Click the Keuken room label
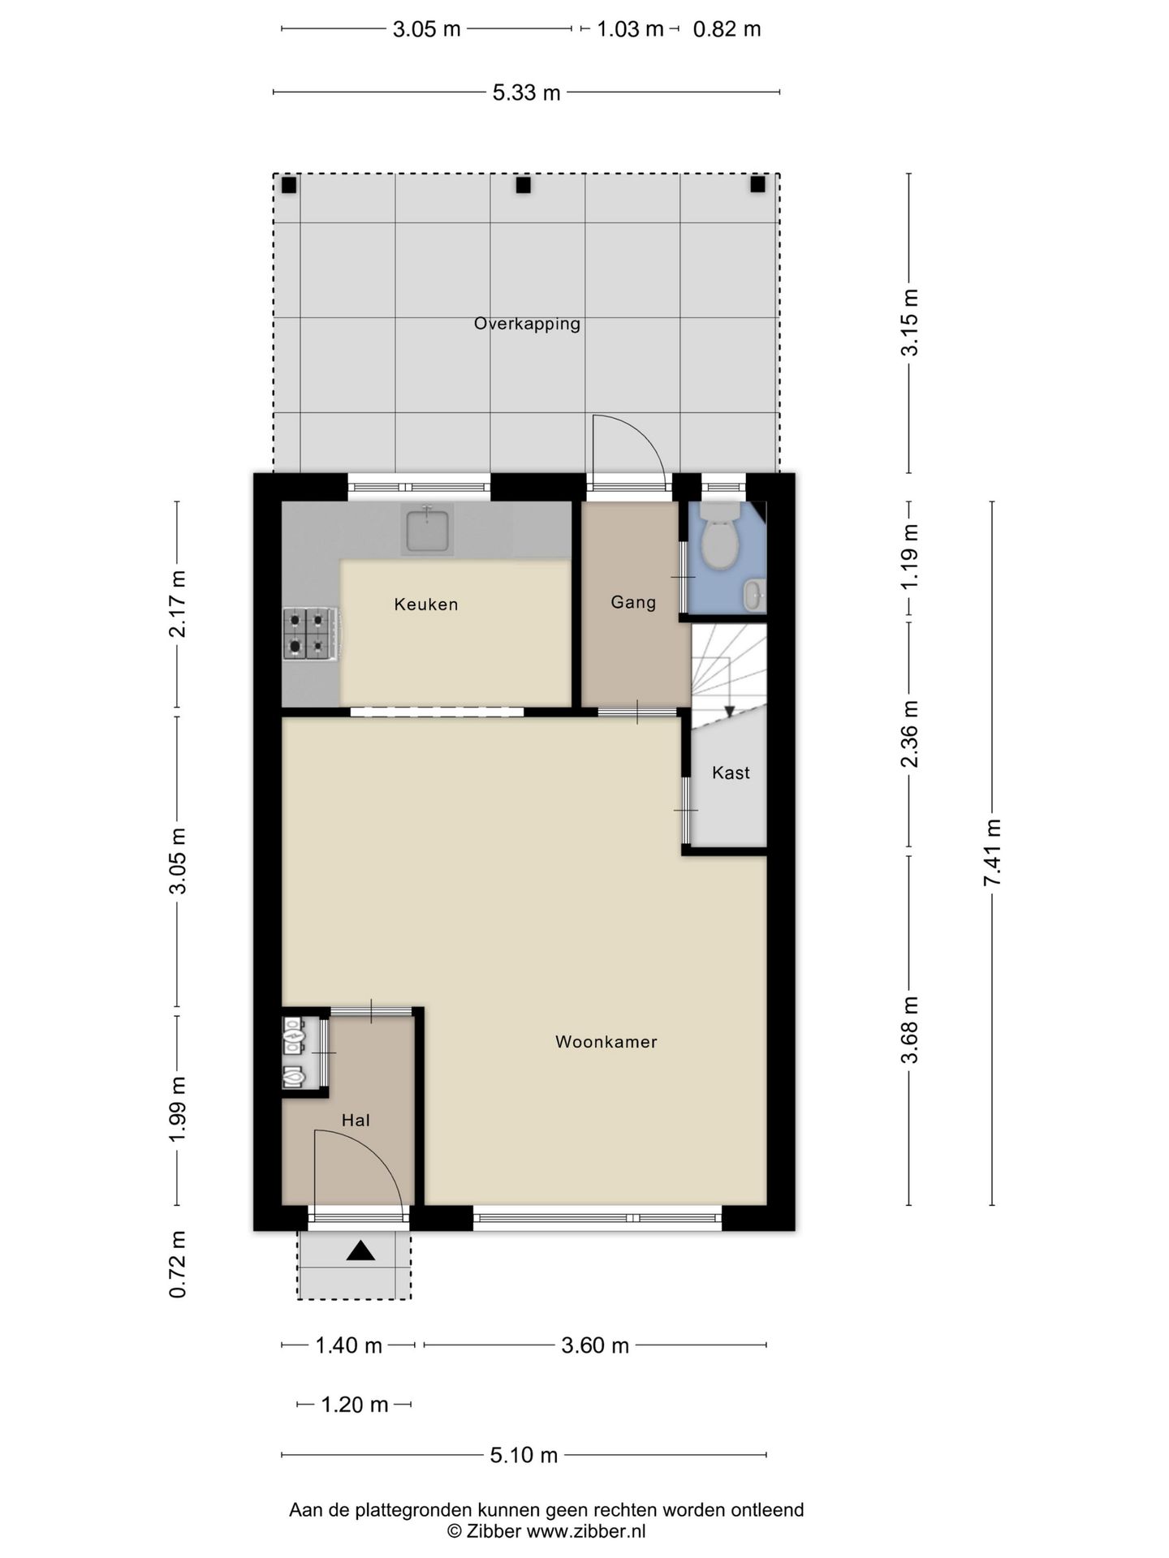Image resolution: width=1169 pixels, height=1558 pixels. tap(426, 605)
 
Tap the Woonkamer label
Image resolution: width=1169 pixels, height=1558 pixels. tap(606, 1042)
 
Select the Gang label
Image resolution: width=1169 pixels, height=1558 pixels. tap(633, 603)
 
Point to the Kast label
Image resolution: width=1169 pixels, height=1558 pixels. tap(731, 773)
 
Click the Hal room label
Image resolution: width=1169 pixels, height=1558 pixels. tap(356, 1121)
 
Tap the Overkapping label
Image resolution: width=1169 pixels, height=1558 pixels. tap(527, 324)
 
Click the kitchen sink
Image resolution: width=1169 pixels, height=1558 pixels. tap(427, 529)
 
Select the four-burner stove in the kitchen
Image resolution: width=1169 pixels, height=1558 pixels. tap(311, 634)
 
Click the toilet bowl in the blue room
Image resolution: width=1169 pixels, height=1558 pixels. tap(719, 540)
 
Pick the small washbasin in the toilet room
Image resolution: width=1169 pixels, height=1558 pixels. tap(754, 596)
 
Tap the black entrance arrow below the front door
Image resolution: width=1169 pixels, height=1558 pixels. tap(360, 1251)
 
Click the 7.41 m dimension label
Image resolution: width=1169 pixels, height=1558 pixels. tap(992, 853)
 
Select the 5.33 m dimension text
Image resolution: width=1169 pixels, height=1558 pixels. tap(526, 93)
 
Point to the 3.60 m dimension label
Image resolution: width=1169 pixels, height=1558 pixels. tap(595, 1345)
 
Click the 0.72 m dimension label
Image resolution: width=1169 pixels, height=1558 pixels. tap(178, 1264)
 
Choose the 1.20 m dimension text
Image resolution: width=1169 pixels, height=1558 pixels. tap(355, 1405)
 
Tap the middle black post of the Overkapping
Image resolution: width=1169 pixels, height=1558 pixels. tap(524, 185)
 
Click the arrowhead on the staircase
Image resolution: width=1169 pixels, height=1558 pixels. tap(729, 712)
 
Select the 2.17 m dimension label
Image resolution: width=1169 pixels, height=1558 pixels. tap(178, 604)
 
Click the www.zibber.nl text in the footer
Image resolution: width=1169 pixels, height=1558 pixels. tap(586, 1531)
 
